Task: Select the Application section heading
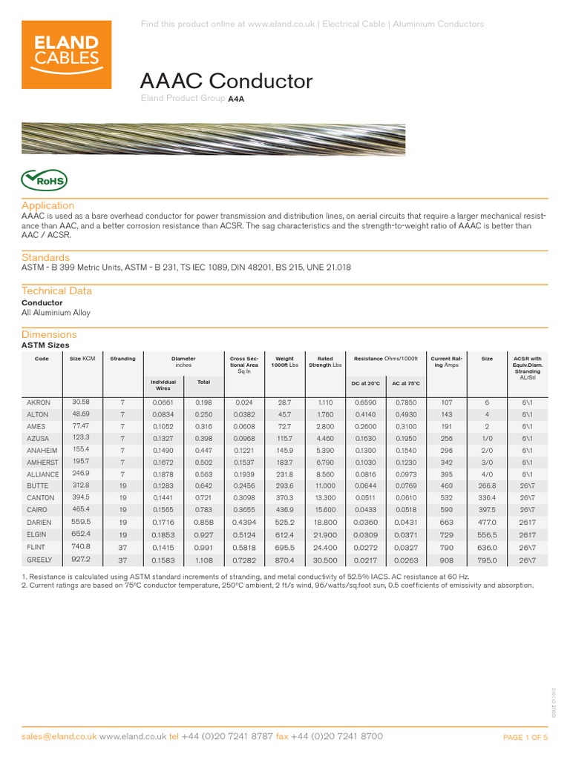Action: point(47,205)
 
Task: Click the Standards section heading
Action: point(45,256)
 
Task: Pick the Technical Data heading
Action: point(56,291)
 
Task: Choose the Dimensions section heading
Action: point(49,334)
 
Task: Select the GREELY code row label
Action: point(39,560)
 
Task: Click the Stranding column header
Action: point(123,359)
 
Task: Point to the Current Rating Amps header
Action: point(447,362)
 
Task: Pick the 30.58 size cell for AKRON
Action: point(80,401)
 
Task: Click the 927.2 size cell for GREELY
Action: point(80,560)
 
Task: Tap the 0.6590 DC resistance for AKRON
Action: point(364,402)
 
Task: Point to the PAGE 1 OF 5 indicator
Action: point(525,738)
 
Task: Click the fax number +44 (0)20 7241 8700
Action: point(336,737)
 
